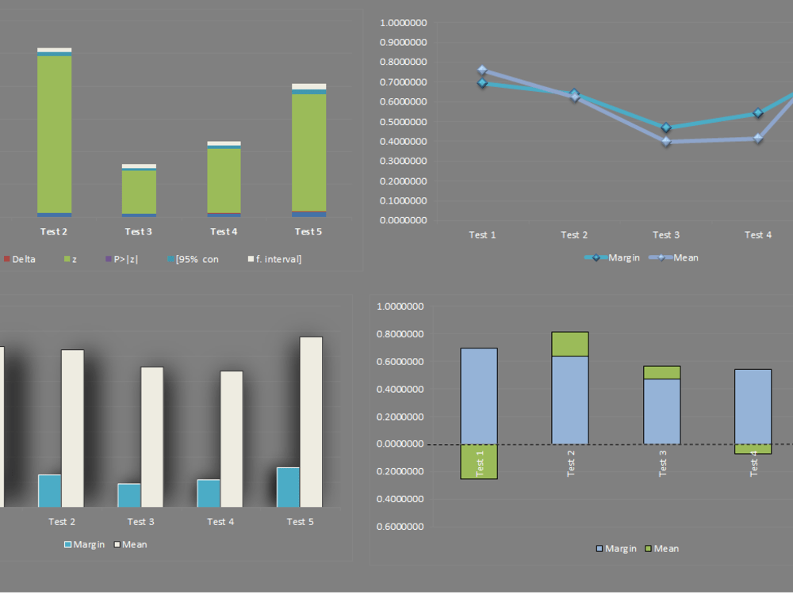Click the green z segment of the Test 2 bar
point(54,135)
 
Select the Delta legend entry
point(20,259)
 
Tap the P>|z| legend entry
point(121,259)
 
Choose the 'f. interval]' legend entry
point(274,259)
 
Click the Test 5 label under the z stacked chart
point(308,231)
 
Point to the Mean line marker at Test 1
point(482,70)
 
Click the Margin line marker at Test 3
point(666,128)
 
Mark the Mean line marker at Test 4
point(758,139)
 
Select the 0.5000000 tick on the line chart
point(403,122)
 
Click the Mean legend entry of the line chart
point(673,257)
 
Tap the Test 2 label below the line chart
point(574,235)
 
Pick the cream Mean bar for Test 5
point(311,422)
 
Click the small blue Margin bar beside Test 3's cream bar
point(129,495)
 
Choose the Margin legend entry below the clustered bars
point(85,545)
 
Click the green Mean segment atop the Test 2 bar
point(570,344)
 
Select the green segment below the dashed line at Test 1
point(479,462)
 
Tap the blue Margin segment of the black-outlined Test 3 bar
point(662,411)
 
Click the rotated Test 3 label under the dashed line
point(662,463)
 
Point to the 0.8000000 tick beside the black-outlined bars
point(400,334)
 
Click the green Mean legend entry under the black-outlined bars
point(662,549)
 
